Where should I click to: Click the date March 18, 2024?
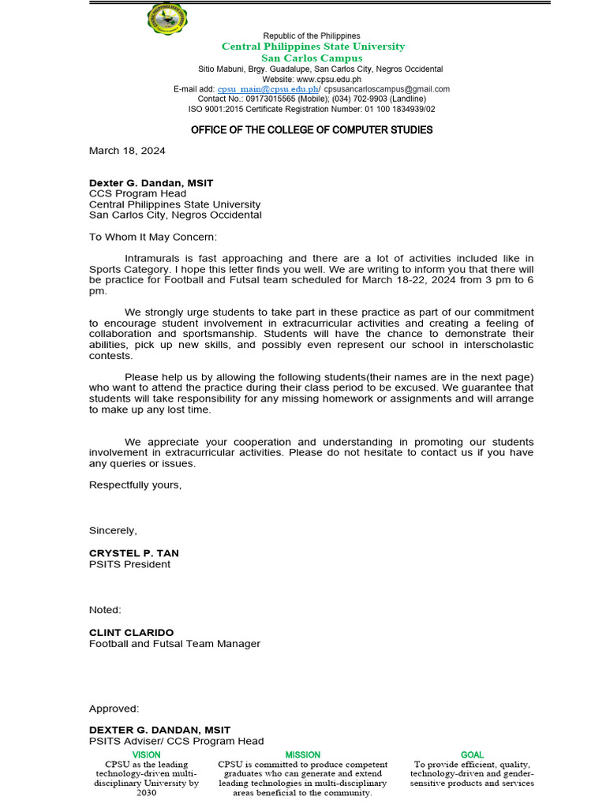127,150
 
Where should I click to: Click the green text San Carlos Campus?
312,58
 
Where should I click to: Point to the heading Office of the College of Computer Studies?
312,129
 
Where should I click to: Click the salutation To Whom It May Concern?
152,237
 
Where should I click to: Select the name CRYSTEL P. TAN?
133,553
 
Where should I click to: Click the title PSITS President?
129,564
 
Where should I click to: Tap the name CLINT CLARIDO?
131,633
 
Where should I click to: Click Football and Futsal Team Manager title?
174,644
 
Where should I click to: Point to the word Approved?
114,709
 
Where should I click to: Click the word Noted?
105,610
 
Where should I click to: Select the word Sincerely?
113,530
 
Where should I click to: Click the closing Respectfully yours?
135,484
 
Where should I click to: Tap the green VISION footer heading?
147,755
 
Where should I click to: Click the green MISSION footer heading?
303,755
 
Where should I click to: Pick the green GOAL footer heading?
472,755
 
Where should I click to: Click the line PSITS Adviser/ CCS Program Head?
176,741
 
